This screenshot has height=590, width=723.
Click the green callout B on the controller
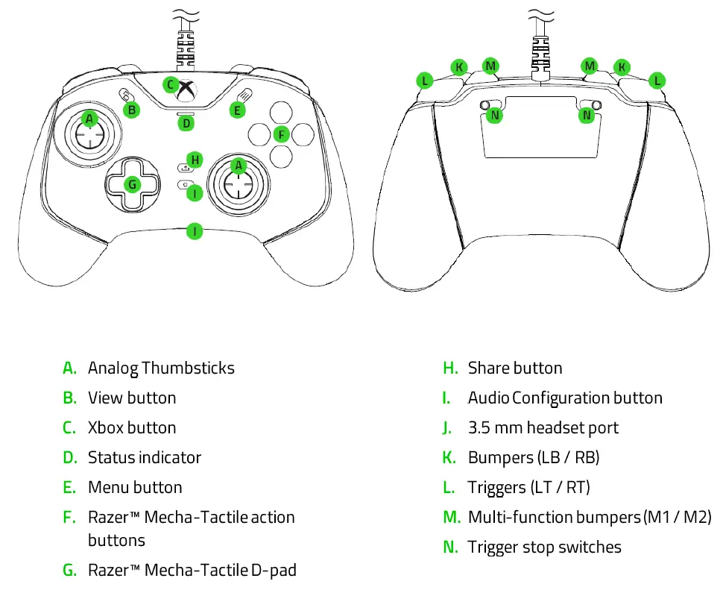click(131, 110)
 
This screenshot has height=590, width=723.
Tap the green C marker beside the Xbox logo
click(171, 85)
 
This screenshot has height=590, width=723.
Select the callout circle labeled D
click(186, 123)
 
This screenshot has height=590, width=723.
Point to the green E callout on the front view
click(237, 110)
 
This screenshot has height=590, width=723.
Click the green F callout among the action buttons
click(281, 134)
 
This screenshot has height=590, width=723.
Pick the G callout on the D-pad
click(133, 183)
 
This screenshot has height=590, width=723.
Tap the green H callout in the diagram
click(195, 159)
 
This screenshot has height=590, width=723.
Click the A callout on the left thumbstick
click(89, 119)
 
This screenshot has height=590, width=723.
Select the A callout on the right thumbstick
click(239, 165)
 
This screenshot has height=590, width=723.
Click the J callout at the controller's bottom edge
click(195, 230)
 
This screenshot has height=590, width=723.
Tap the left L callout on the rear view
click(425, 80)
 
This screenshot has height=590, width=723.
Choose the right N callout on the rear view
click(587, 115)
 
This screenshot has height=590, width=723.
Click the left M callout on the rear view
click(490, 66)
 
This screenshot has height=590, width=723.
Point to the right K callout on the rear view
click(621, 67)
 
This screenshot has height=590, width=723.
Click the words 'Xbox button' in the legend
click(132, 428)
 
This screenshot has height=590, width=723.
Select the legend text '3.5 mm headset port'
click(543, 428)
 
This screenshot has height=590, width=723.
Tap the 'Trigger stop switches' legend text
click(544, 547)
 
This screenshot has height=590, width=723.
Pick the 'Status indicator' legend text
click(145, 458)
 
